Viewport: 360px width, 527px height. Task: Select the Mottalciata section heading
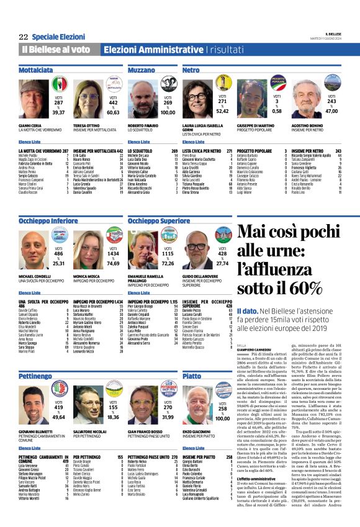pyautogui.click(x=35, y=71)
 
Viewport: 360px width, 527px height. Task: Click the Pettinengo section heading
pyautogui.click(x=35, y=376)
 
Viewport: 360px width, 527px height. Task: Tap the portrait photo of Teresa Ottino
pyautogui.click(x=88, y=99)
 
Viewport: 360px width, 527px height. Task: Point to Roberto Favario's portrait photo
pyautogui.click(x=140, y=99)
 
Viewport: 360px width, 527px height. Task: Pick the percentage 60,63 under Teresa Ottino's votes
pyautogui.click(x=112, y=112)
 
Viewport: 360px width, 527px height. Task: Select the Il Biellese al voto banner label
pyautogui.click(x=56, y=49)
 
